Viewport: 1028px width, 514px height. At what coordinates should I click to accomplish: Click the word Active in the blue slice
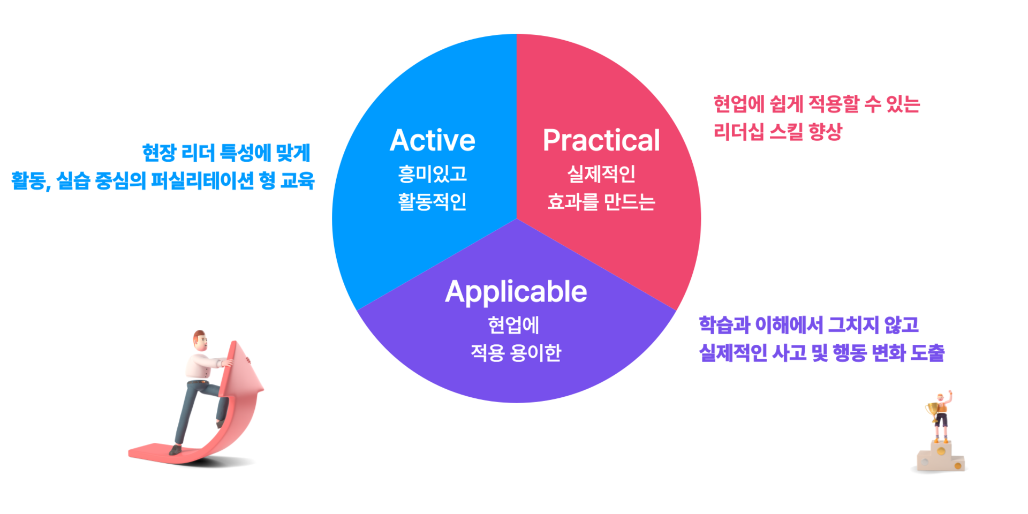tap(433, 140)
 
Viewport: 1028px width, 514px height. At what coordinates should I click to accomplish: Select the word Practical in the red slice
tap(601, 140)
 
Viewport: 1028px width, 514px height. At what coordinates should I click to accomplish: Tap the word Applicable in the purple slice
tap(516, 292)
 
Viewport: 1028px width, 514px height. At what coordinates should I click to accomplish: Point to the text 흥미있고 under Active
tap(433, 173)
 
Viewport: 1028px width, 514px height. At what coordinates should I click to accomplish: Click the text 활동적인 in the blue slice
tap(433, 202)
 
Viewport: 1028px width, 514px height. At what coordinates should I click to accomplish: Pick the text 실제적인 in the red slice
tap(601, 173)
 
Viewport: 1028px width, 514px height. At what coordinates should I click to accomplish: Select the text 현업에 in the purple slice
tap(513, 325)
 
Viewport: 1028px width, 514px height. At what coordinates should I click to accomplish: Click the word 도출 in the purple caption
tap(927, 353)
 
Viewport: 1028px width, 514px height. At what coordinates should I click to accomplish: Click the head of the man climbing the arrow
tap(200, 339)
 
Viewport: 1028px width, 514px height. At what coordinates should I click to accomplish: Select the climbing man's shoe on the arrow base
tap(175, 450)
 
